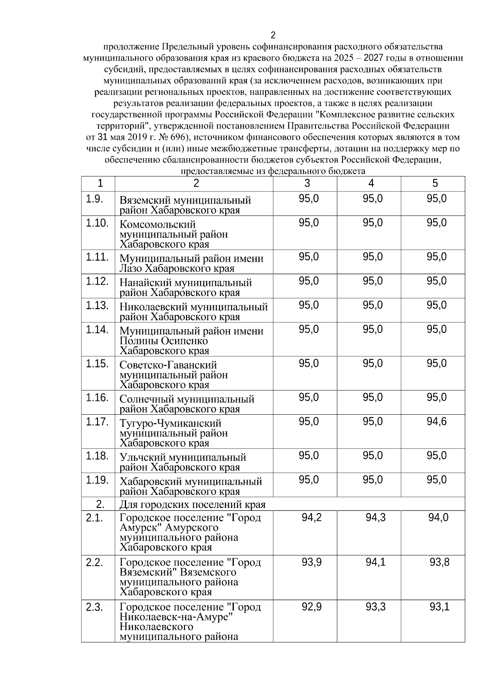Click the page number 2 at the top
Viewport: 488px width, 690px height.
point(273,35)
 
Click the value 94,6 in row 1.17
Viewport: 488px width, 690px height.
point(436,422)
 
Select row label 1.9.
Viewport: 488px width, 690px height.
point(94,199)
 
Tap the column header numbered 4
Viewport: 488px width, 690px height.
point(371,183)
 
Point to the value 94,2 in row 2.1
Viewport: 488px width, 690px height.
point(312,518)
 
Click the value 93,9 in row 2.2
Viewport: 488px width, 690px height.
point(312,562)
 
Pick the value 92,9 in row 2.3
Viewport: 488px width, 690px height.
point(312,607)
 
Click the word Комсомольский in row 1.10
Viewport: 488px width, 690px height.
point(157,224)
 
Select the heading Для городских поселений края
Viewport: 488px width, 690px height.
point(192,505)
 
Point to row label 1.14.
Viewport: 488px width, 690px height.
point(97,329)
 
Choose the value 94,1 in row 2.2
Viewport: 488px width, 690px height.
point(375,562)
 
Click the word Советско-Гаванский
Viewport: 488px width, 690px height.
point(168,365)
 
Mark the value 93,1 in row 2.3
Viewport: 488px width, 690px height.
point(439,607)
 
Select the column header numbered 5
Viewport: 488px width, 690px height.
point(435,183)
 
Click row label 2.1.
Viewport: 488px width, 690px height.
point(94,518)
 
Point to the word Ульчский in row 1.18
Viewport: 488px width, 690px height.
point(140,457)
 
